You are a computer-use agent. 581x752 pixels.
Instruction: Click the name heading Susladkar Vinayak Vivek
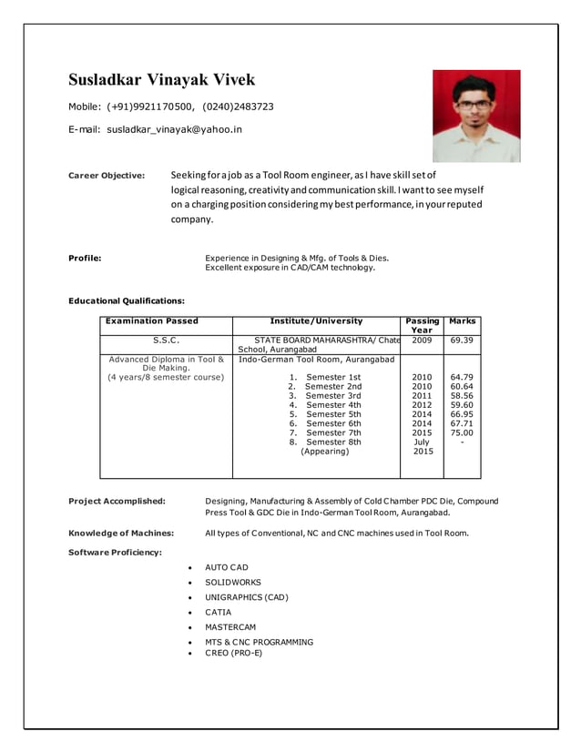[x=162, y=80]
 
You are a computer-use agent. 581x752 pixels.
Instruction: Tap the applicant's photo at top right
[x=475, y=116]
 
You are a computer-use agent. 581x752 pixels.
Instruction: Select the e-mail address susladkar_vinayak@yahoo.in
[x=175, y=129]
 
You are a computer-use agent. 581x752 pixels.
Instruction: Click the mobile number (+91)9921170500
[x=151, y=107]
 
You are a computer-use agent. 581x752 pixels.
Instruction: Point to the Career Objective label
[x=107, y=176]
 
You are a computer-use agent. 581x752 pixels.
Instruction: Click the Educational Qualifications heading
[x=127, y=300]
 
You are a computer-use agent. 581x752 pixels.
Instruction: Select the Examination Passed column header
[x=152, y=321]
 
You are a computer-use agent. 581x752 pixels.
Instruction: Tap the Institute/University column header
[x=316, y=321]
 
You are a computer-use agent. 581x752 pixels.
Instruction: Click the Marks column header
[x=462, y=321]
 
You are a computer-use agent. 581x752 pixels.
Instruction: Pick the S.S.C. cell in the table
[x=166, y=340]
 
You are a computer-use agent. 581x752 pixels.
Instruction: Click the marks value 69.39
[x=462, y=340]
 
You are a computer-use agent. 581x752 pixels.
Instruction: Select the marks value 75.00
[x=462, y=432]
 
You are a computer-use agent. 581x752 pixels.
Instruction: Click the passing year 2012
[x=422, y=405]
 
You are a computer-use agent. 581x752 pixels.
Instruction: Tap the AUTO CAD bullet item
[x=226, y=567]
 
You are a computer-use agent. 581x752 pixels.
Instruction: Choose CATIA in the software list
[x=218, y=613]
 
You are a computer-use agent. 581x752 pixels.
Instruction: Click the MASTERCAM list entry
[x=230, y=627]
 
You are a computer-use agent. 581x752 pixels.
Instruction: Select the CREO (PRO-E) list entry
[x=233, y=653]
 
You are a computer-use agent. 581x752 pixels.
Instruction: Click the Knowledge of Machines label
[x=121, y=533]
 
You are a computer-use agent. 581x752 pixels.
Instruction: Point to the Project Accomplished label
[x=117, y=501]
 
